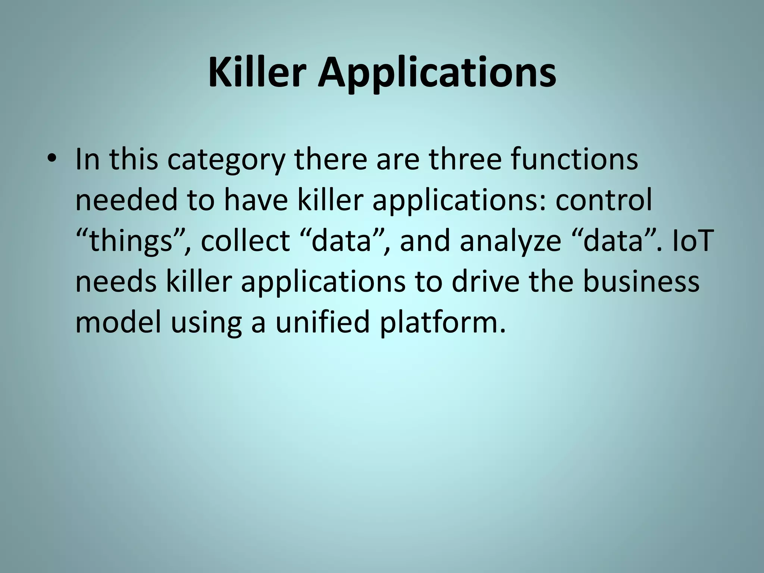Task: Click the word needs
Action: [x=116, y=282]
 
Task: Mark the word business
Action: [x=641, y=282]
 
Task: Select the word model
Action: [x=118, y=322]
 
